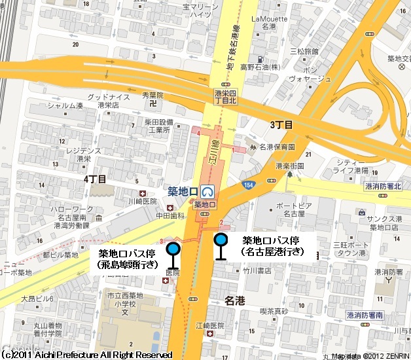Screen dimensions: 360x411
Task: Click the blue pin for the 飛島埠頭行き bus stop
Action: click(x=173, y=249)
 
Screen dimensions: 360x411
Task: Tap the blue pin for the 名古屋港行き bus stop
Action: click(x=221, y=240)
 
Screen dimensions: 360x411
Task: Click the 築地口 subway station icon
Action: click(x=209, y=192)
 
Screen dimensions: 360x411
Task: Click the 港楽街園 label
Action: click(x=289, y=166)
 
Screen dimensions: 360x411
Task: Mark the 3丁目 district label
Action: click(x=281, y=124)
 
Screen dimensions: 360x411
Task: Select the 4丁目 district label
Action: click(x=95, y=178)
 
